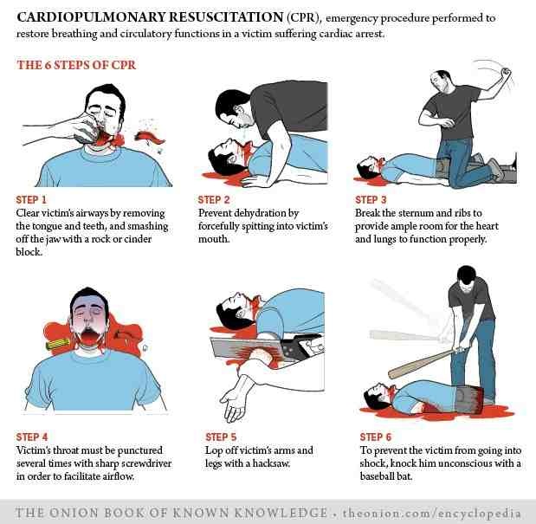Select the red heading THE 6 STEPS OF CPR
pos(76,65)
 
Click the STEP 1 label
pos(31,199)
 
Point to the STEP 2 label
pos(214,199)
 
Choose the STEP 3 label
pos(371,199)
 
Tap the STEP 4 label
pos(32,437)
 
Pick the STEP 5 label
pos(221,437)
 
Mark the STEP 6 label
pos(375,437)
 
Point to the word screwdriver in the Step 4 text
pos(147,463)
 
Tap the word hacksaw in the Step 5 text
pos(271,463)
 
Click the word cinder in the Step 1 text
pos(137,239)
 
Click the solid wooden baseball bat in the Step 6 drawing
pos(422,365)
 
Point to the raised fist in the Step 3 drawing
pos(505,72)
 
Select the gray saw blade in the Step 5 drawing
pos(246,349)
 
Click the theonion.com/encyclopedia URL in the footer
pos(432,513)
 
